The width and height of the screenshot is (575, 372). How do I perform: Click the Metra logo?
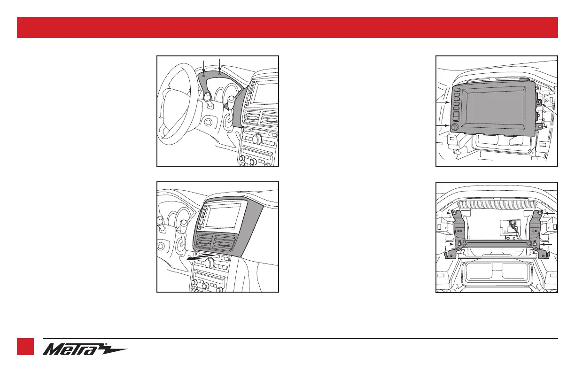(85, 349)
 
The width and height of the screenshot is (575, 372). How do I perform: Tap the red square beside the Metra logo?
(25, 348)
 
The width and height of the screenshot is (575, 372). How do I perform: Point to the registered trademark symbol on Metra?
(106, 344)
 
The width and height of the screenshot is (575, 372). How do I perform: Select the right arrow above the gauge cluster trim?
(219, 66)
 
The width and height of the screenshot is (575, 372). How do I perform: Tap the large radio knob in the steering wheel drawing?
(256, 139)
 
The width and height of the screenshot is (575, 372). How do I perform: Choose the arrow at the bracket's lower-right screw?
(544, 245)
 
